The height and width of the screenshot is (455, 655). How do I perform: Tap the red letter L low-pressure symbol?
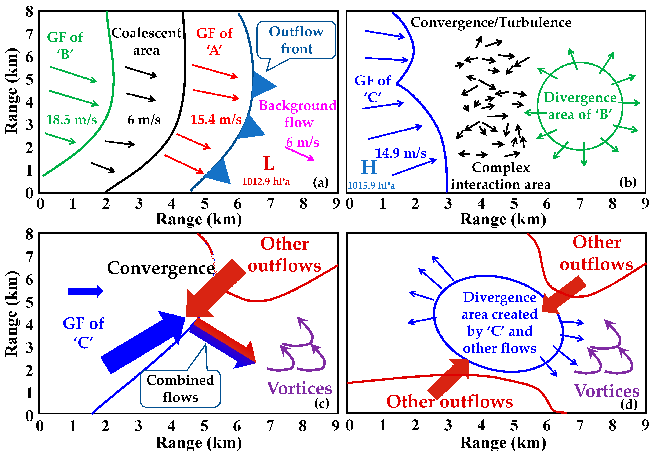269,163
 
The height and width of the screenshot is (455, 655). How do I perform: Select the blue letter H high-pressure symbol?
369,167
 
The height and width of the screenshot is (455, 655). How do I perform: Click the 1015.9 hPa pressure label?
371,186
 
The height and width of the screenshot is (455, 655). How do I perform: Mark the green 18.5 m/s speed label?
71,120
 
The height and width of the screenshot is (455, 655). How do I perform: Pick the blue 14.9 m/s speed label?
400,153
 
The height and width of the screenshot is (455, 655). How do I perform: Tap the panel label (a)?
321,182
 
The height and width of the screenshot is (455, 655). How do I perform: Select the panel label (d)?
629,404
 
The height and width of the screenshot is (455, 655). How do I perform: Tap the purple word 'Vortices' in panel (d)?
607,391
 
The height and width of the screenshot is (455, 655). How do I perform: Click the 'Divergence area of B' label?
580,106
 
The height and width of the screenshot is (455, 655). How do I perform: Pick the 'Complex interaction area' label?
501,176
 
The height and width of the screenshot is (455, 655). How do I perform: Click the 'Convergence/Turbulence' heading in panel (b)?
491,22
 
